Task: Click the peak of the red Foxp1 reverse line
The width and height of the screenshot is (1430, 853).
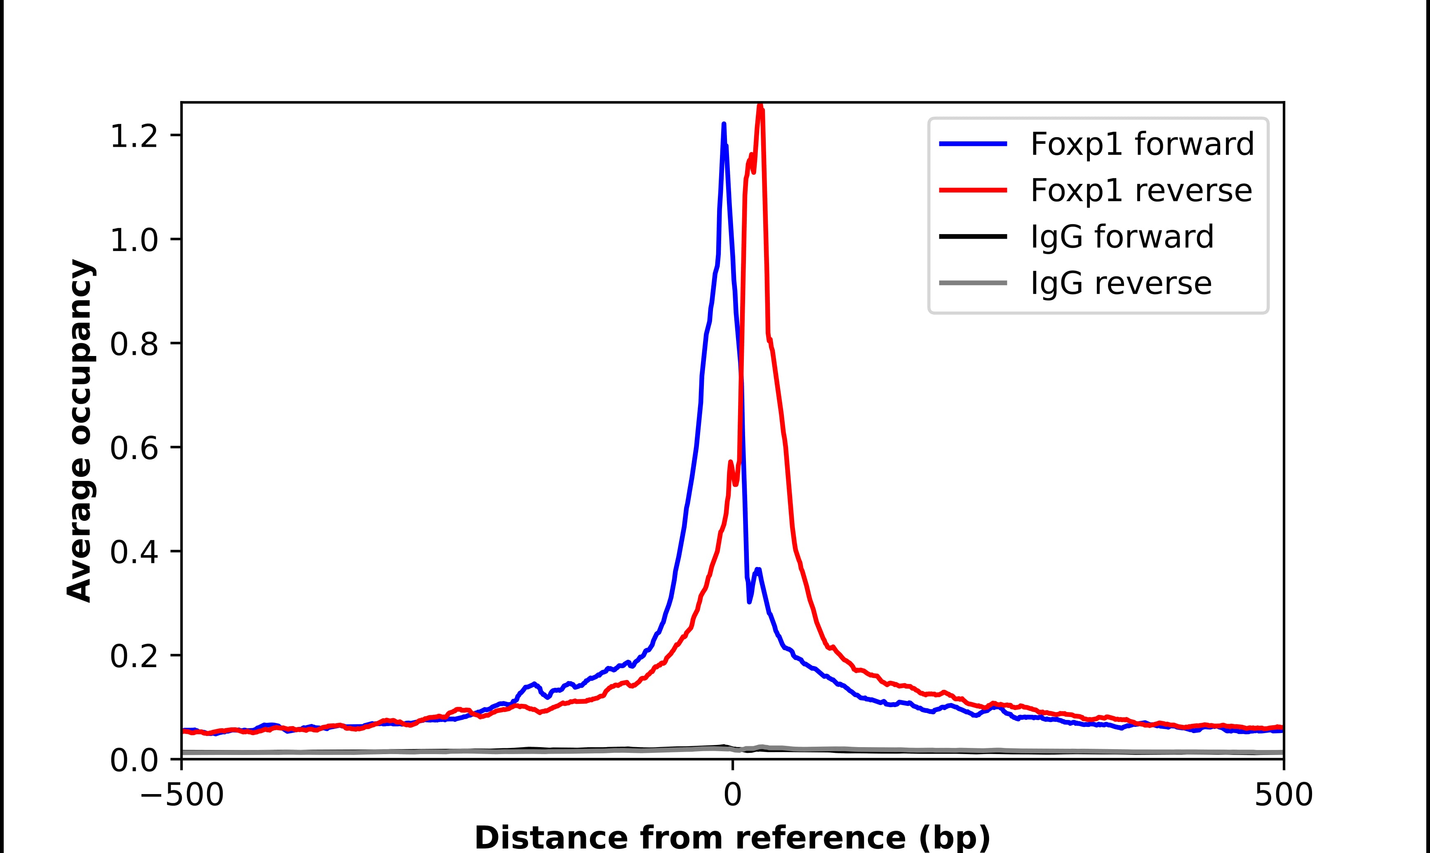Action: coord(760,107)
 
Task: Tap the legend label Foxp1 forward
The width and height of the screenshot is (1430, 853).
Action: coord(1141,144)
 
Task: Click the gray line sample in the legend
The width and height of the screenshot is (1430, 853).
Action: coord(973,283)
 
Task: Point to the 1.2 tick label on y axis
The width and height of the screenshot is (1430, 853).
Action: coord(134,136)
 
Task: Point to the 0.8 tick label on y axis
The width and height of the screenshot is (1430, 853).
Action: coord(134,344)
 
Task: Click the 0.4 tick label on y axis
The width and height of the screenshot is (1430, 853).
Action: coord(134,552)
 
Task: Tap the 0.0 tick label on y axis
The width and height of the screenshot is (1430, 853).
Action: coord(134,760)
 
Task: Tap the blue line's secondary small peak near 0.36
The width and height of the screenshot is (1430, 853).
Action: coord(758,569)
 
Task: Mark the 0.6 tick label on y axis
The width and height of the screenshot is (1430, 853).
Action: coord(134,448)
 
